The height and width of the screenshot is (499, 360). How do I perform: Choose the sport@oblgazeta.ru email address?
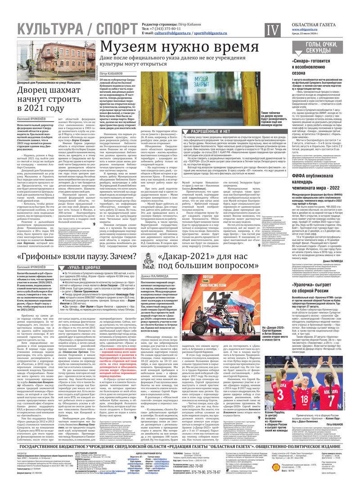point(214,33)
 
